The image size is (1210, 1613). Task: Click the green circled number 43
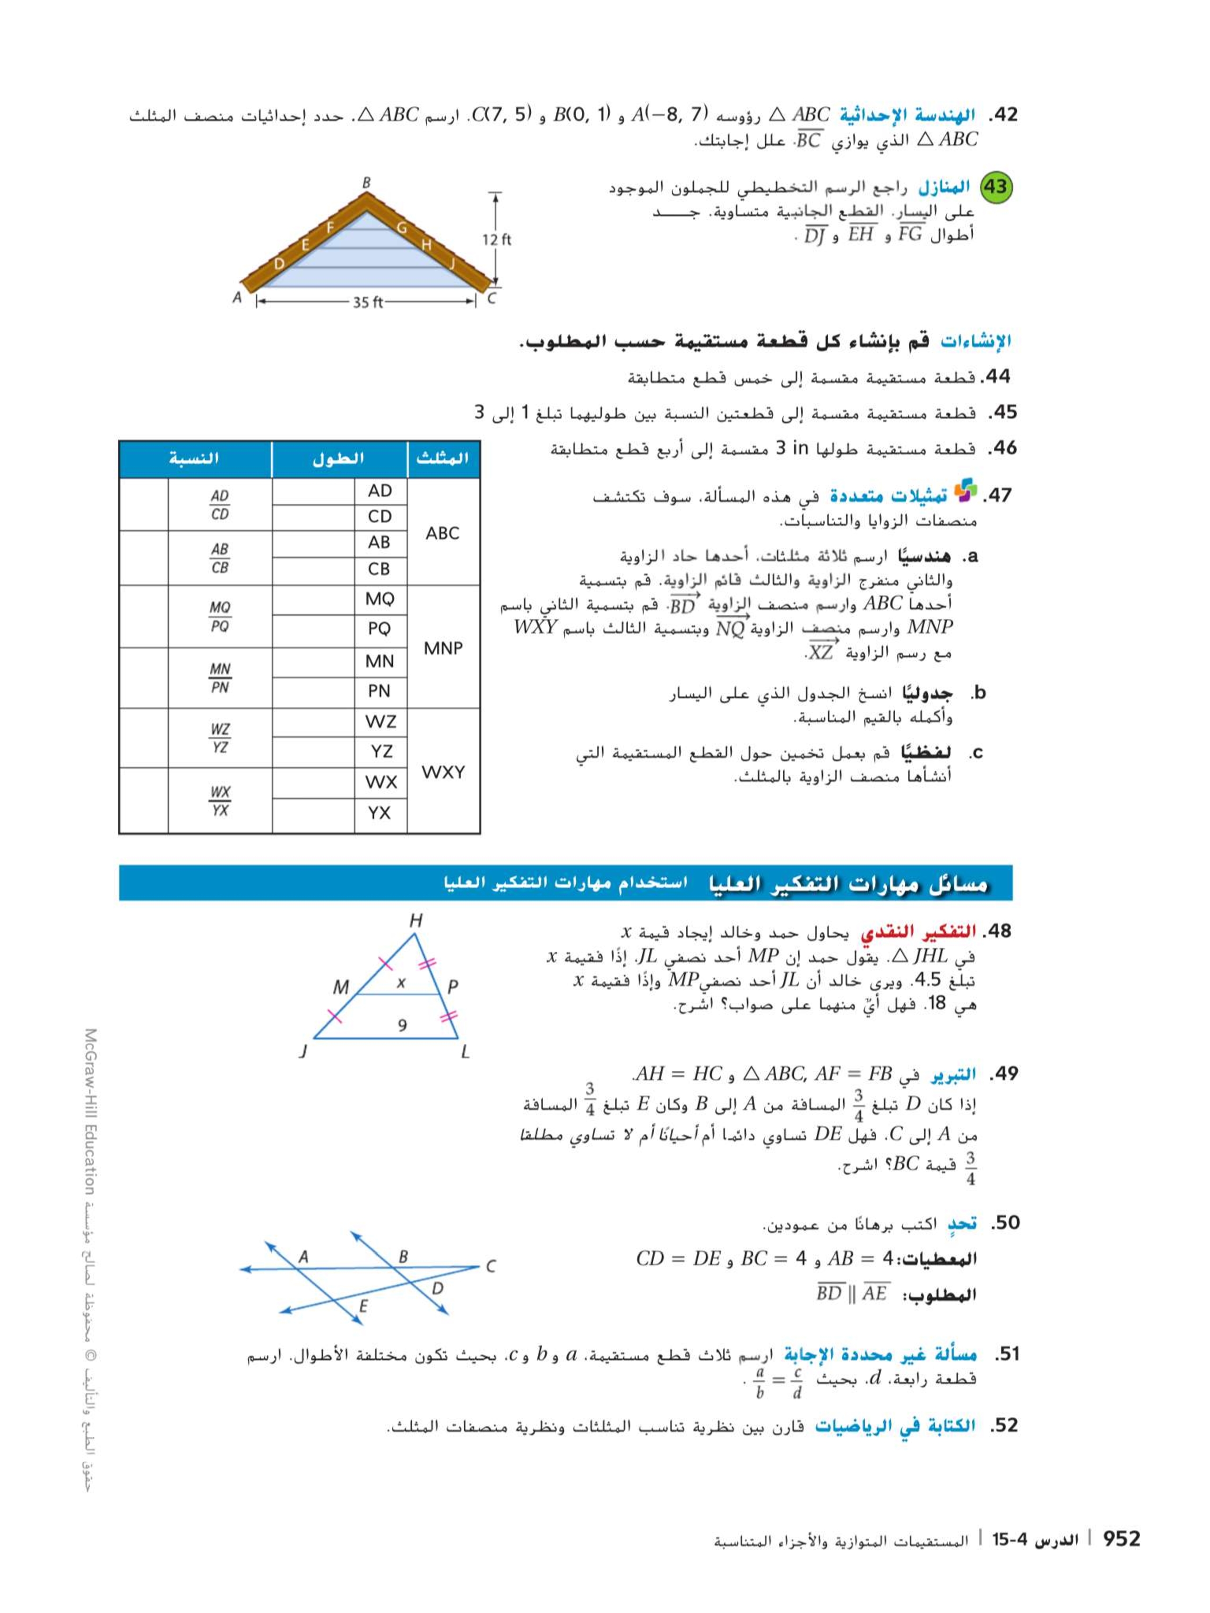click(995, 188)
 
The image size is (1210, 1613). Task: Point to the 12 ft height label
click(497, 239)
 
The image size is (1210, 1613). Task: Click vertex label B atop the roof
click(367, 182)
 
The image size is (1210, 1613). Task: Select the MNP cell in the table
click(443, 647)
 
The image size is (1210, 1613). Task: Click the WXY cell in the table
click(443, 771)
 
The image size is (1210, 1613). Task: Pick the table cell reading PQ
click(379, 628)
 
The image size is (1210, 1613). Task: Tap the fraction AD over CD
click(219, 505)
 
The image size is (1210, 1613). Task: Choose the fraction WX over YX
click(219, 801)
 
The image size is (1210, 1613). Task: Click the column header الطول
click(338, 459)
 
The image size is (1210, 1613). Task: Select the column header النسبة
click(194, 459)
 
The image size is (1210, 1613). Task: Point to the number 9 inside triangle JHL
click(402, 1025)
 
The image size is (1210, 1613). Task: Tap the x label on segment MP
click(400, 983)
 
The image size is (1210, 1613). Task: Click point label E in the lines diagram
click(363, 1306)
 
